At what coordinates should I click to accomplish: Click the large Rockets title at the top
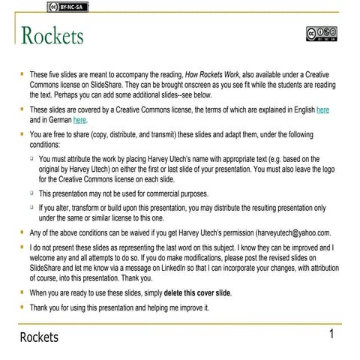(52, 35)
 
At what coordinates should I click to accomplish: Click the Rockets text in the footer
(39, 337)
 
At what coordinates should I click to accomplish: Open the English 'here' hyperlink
(323, 109)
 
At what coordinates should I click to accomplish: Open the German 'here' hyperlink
(79, 119)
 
